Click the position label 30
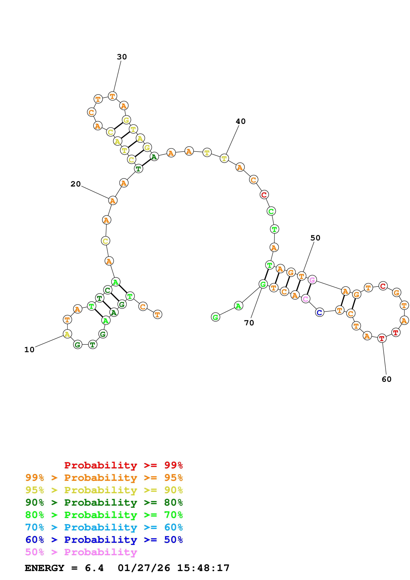[x=122, y=57]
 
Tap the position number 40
[x=240, y=122]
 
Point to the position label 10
[x=29, y=350]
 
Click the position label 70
[x=249, y=323]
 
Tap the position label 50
[x=315, y=238]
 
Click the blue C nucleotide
[x=320, y=312]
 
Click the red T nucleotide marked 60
[x=382, y=338]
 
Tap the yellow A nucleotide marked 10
[x=67, y=334]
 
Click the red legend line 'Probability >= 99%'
[x=123, y=465]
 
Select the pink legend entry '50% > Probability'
[x=81, y=552]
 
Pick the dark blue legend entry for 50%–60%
[x=104, y=540]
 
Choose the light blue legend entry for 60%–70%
[x=104, y=527]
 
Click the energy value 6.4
[x=94, y=568]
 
